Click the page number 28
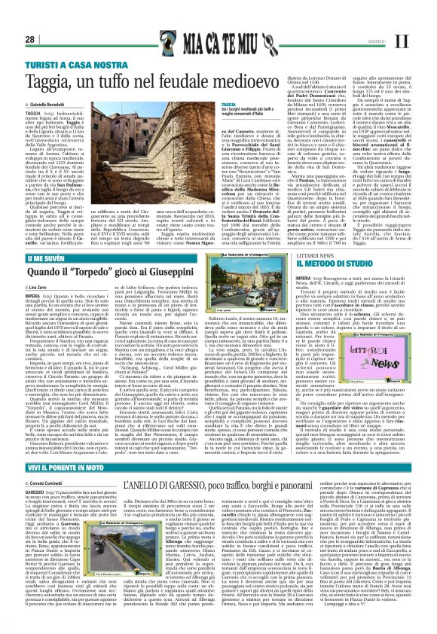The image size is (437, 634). (x=31, y=18)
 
